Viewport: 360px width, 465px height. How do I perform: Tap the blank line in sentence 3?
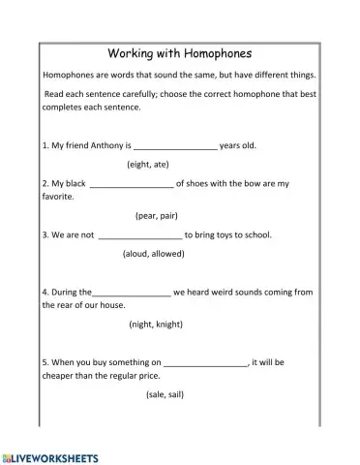tap(140, 235)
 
